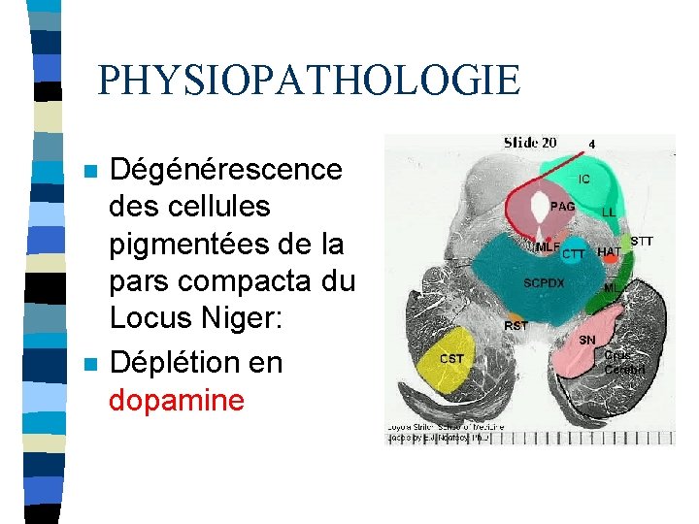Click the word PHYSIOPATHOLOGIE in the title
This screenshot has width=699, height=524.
(309, 81)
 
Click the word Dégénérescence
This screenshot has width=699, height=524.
(225, 170)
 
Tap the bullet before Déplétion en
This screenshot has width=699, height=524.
(90, 365)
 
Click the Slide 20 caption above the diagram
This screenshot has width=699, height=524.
(529, 143)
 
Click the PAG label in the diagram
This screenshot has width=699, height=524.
(562, 206)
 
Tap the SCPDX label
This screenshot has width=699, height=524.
(544, 283)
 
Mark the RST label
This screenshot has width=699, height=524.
(516, 326)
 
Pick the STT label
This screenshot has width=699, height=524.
(642, 241)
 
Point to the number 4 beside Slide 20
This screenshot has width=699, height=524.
(591, 144)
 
